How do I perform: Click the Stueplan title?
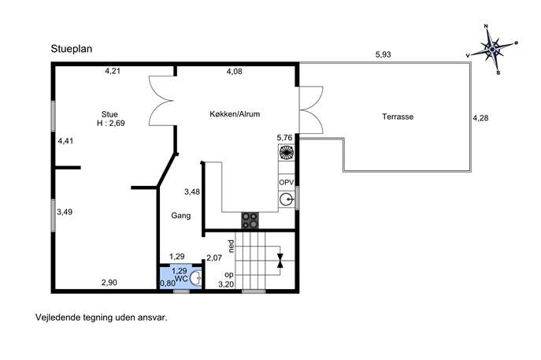coord(72,49)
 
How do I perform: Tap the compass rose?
coord(492,50)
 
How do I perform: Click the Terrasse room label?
coord(398,117)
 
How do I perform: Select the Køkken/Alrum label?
coord(235,114)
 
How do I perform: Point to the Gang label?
coord(181,216)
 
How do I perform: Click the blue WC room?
coord(180,277)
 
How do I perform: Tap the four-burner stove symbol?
coord(250,221)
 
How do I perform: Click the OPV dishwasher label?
coord(286,182)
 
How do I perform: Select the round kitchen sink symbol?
coord(286,199)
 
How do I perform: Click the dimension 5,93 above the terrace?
coord(383,54)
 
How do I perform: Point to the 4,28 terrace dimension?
coord(480,118)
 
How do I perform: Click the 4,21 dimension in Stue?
coord(113,72)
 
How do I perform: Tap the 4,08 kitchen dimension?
coord(234,72)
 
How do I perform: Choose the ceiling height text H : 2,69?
coord(110,123)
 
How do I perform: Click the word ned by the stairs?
coord(232,246)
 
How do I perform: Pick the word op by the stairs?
coord(229,275)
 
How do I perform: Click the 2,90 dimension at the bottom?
coord(109,283)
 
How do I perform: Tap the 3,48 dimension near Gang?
coord(192,192)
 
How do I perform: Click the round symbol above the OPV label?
coord(287,152)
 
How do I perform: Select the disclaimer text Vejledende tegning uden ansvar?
coord(102,317)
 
